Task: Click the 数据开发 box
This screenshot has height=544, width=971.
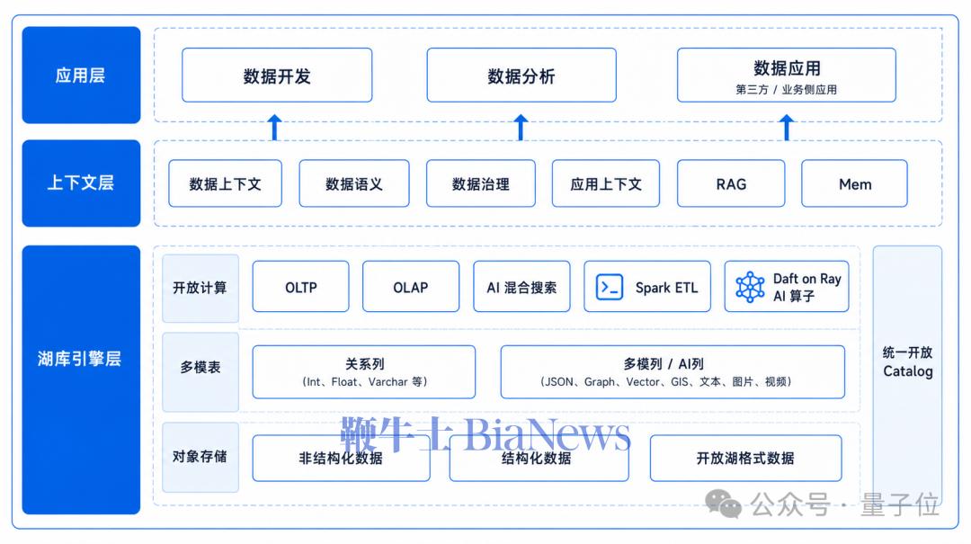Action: pyautogui.click(x=277, y=75)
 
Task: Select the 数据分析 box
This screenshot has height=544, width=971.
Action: pyautogui.click(x=521, y=75)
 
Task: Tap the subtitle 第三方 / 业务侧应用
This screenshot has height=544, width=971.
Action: pyautogui.click(x=786, y=90)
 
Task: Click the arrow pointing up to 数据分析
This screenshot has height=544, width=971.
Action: pyautogui.click(x=521, y=127)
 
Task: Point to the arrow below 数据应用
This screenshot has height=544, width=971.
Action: pyautogui.click(x=787, y=127)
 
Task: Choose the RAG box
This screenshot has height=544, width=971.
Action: pyautogui.click(x=731, y=183)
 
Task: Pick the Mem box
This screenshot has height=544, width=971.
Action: pyautogui.click(x=855, y=183)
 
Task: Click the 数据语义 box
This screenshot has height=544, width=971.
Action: pyautogui.click(x=354, y=183)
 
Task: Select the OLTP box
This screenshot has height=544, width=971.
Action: pyautogui.click(x=301, y=286)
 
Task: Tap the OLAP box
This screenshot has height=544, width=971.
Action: pyautogui.click(x=411, y=286)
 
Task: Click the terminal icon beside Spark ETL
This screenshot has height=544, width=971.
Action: pyautogui.click(x=610, y=288)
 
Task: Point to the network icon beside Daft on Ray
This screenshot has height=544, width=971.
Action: pyautogui.click(x=750, y=287)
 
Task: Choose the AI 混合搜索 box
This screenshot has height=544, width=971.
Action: pyautogui.click(x=521, y=286)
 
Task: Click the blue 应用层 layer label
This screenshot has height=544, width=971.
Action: pyautogui.click(x=81, y=75)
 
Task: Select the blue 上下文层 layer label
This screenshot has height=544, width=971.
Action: pyautogui.click(x=81, y=183)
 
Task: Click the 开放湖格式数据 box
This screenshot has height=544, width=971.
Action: pyautogui.click(x=745, y=458)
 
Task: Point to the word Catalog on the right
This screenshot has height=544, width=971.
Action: pyautogui.click(x=908, y=371)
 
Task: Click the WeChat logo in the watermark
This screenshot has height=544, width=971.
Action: pyautogui.click(x=723, y=504)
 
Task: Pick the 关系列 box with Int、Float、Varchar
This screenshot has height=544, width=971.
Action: pyautogui.click(x=364, y=371)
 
